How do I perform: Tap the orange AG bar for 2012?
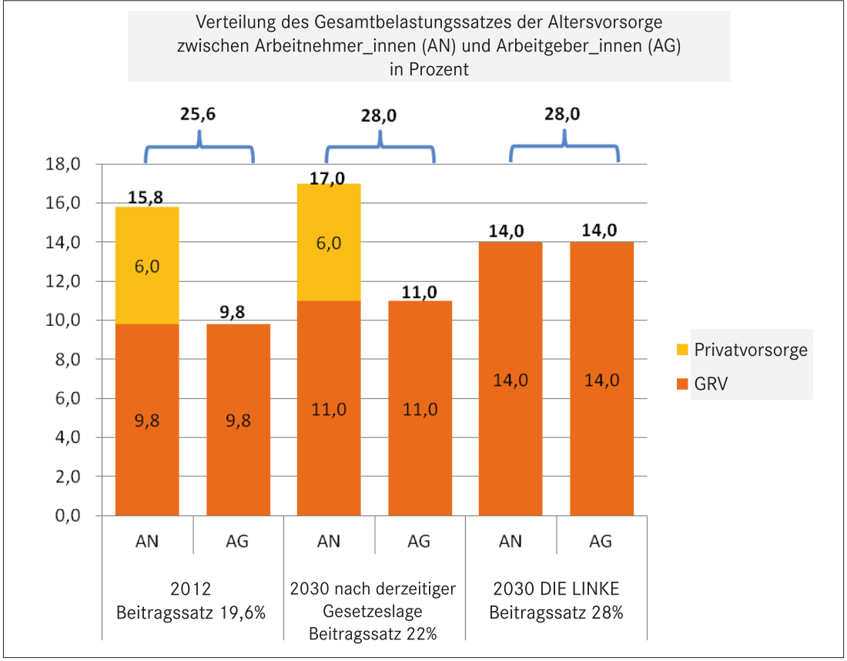pos(238,420)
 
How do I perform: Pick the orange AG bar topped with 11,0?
pos(420,408)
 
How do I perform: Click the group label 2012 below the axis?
pos(192,590)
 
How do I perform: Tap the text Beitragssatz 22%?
pos(373,635)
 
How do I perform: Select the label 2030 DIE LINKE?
pos(556,590)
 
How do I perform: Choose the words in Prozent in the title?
pos(429,68)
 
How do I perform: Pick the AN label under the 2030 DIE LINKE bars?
pos(511,542)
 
